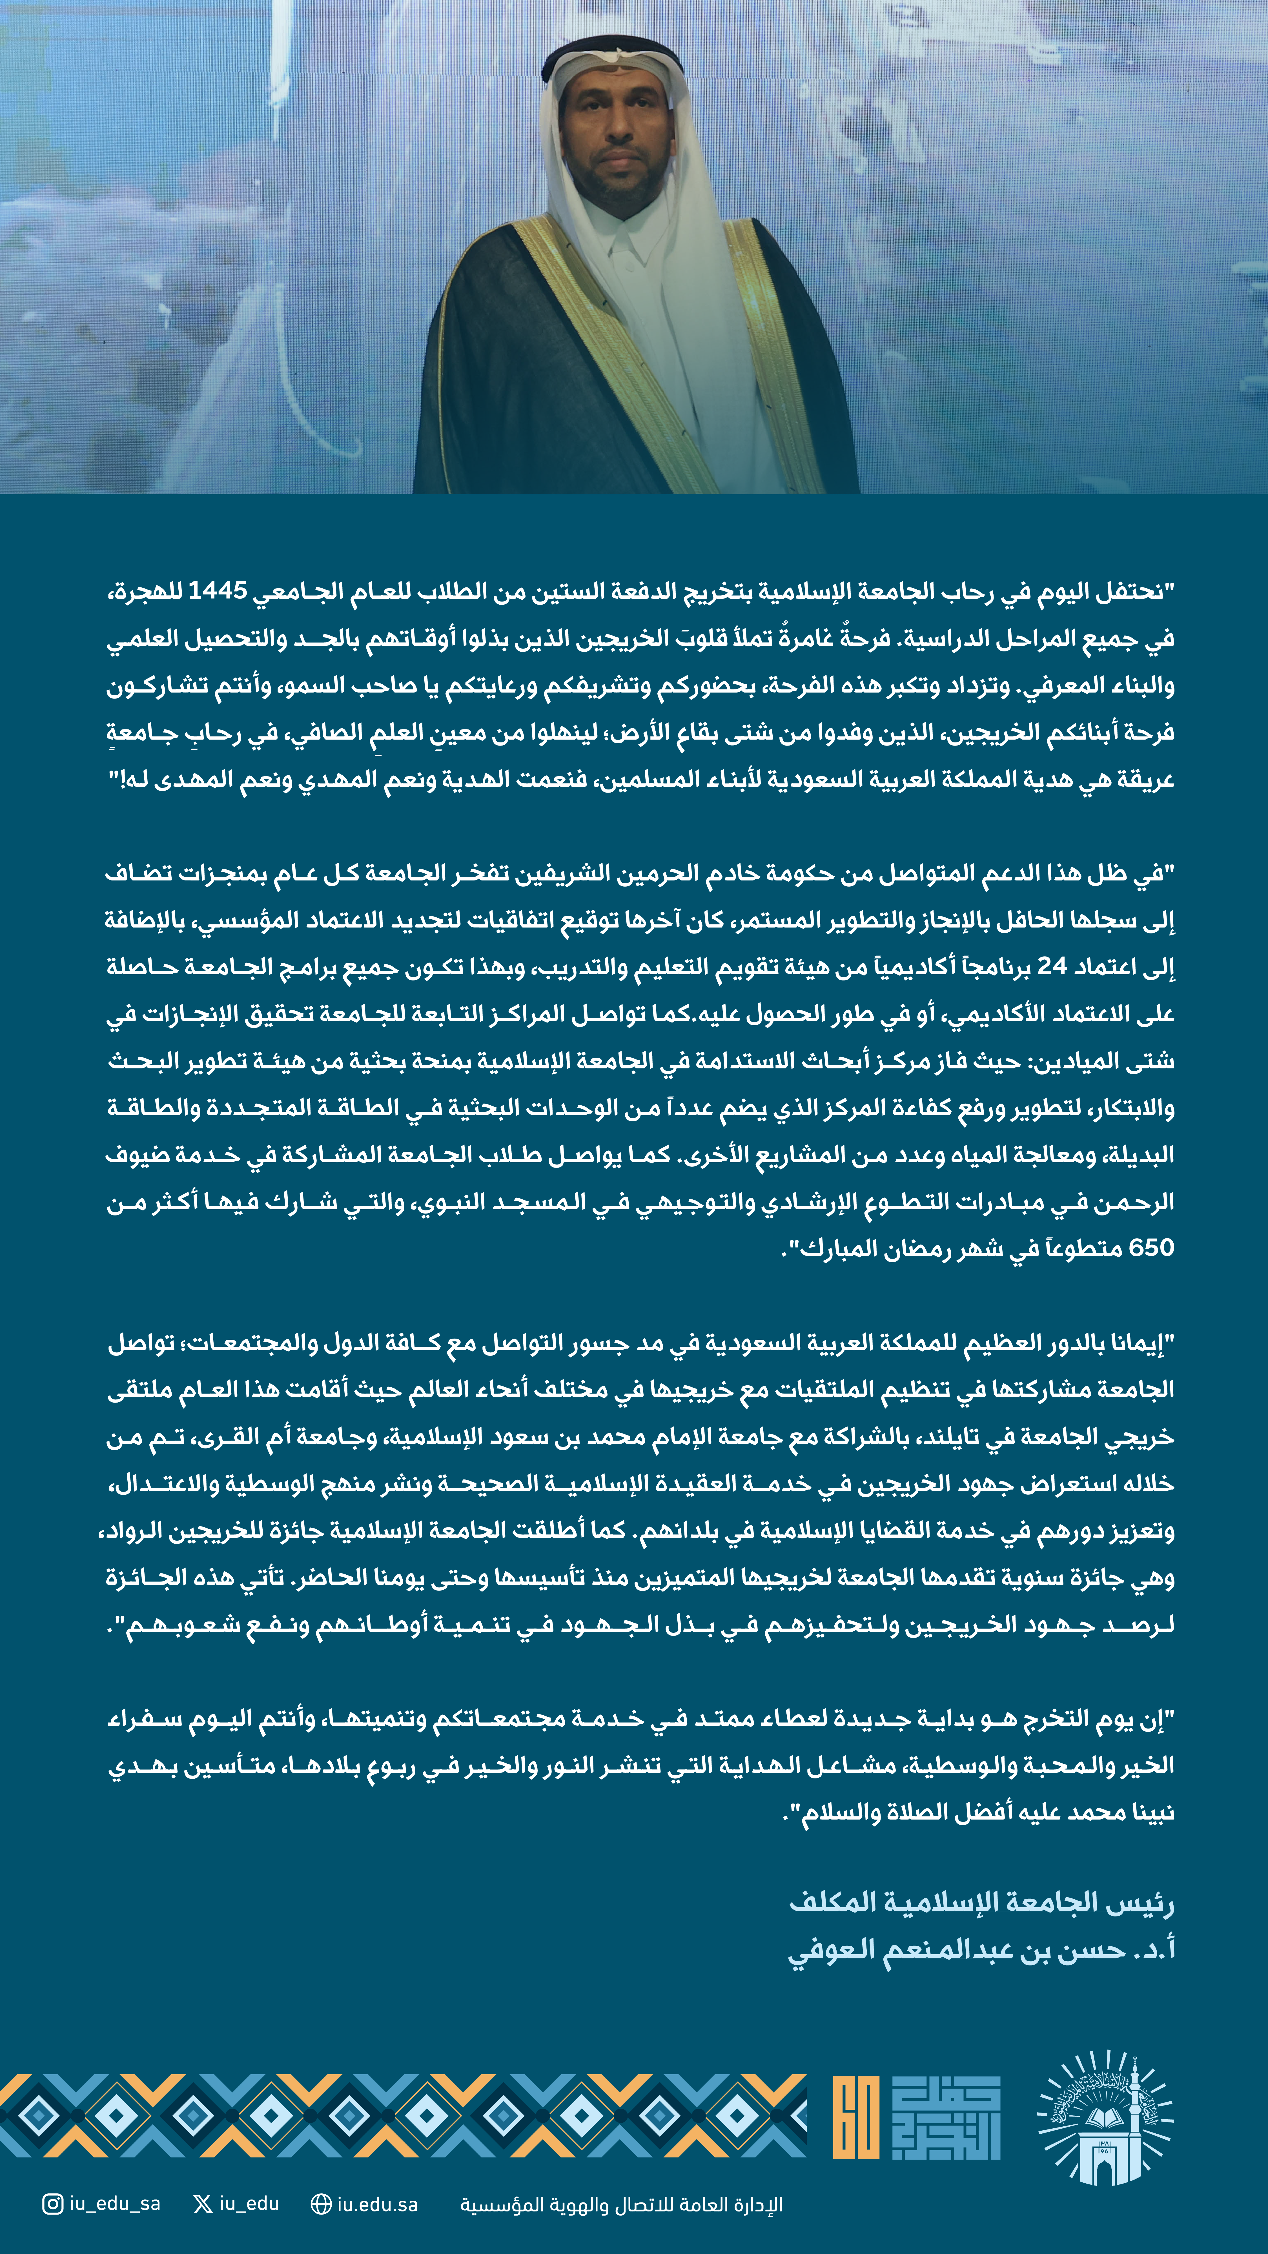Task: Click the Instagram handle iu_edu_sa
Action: (115, 2203)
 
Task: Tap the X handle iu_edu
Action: (249, 2203)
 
